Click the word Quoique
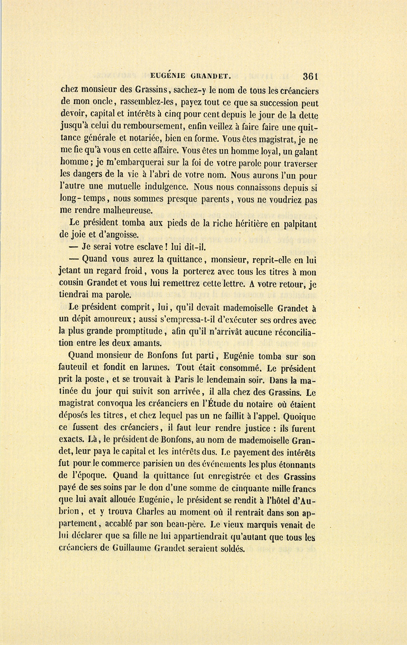click(297, 416)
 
